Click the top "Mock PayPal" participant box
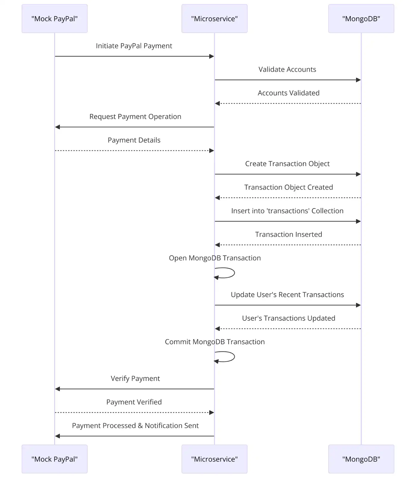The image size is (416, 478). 54,19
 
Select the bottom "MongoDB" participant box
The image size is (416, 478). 361,459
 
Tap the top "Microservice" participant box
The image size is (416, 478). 214,19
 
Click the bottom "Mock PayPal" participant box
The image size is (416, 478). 54,459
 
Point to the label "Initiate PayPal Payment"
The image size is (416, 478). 134,46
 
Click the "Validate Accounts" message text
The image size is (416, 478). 287,69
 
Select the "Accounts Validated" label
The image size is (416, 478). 288,93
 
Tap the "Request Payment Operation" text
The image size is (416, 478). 135,117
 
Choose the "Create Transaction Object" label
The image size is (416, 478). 287,164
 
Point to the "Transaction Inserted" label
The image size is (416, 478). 288,235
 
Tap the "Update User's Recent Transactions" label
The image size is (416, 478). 287,295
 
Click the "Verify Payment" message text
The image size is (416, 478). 135,379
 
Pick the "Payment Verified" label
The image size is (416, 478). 134,402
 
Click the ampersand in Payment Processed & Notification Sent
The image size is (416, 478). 140,426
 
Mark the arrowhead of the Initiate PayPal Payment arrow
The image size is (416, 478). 212,56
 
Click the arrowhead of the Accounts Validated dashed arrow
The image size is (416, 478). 217,103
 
